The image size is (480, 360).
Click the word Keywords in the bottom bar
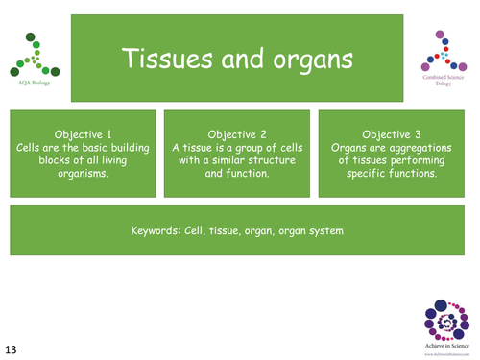click(x=157, y=230)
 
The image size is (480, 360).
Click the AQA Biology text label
click(x=38, y=84)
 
